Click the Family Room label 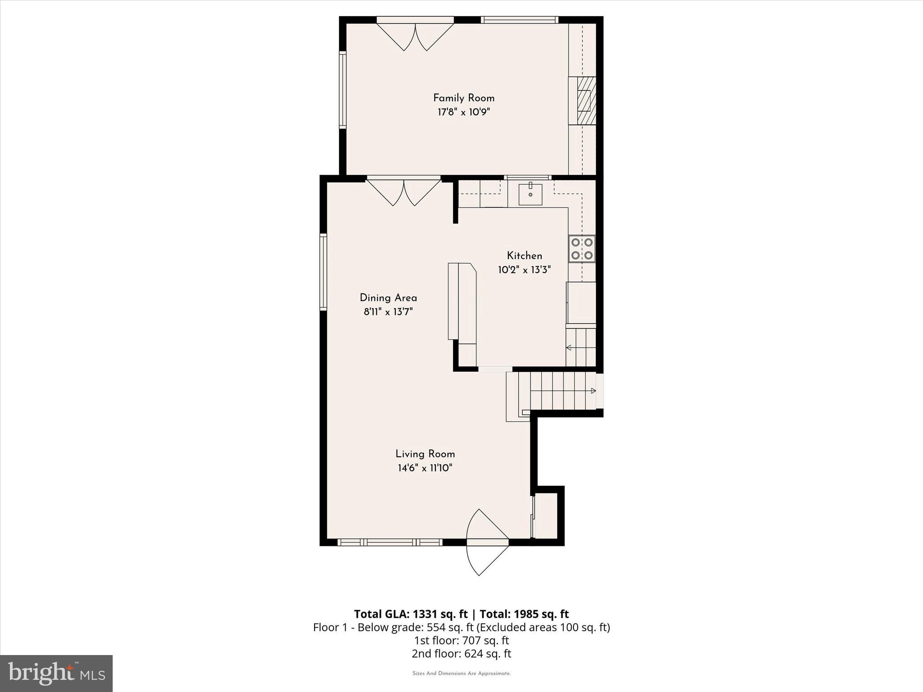[x=464, y=98]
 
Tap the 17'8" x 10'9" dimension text [x=464, y=112]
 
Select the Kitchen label [x=524, y=256]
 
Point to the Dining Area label [x=388, y=298]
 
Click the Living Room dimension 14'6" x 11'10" [x=425, y=468]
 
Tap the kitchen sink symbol [x=530, y=194]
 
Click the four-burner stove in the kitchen [x=581, y=249]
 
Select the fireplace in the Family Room [x=585, y=100]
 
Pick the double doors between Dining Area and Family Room [x=403, y=192]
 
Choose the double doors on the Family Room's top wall [x=415, y=36]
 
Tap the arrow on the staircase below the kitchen [x=593, y=391]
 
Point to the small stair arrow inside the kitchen [x=569, y=347]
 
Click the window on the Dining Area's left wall [x=323, y=272]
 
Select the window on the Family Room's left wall [x=343, y=90]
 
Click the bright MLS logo [x=56, y=673]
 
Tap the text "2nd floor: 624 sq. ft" [x=461, y=654]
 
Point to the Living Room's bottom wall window [x=390, y=542]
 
